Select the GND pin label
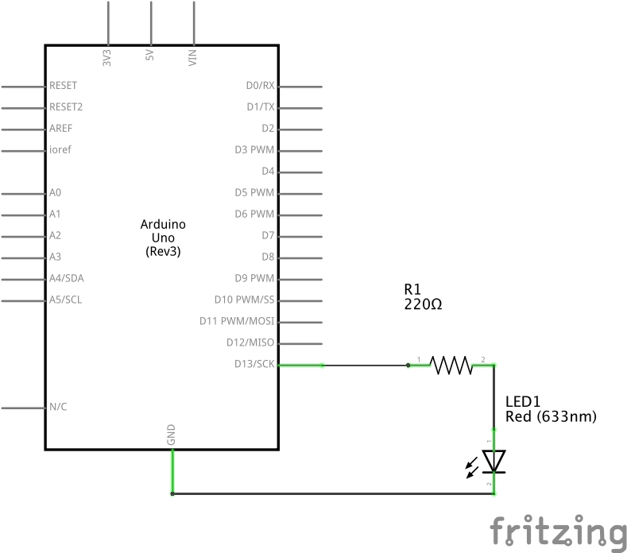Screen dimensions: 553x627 pos(171,435)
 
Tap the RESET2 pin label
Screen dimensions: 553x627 pos(66,106)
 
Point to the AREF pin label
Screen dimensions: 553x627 pos(61,128)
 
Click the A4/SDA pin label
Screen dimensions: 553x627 pos(65,278)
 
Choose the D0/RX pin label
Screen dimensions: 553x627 pos(260,85)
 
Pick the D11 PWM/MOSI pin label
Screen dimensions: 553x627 pos(237,321)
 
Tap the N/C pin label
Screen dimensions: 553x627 pos(58,407)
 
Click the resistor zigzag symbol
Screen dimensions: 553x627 pos(451,365)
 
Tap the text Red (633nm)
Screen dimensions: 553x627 pos(550,416)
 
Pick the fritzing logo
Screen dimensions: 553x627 pos(557,532)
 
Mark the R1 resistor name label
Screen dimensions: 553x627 pos(412,289)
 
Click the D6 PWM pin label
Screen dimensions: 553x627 pos(254,214)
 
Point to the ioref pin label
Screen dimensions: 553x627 pos(60,149)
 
